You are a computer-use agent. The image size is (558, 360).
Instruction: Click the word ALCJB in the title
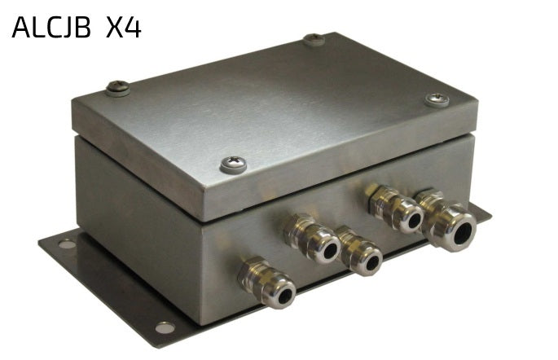pyautogui.click(x=51, y=28)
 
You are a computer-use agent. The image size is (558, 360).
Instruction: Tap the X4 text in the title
pyautogui.click(x=124, y=28)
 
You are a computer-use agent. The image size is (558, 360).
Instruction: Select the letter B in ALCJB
pyautogui.click(x=83, y=28)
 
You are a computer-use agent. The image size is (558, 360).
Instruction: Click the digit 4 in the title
pyautogui.click(x=134, y=28)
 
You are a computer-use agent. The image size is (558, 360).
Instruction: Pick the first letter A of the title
pyautogui.click(x=21, y=28)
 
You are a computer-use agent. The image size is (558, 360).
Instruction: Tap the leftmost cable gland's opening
pyautogui.click(x=285, y=296)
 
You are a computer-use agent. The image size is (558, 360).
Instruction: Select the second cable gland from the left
pyautogui.click(x=312, y=239)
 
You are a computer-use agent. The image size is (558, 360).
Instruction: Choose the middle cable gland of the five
pyautogui.click(x=359, y=251)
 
